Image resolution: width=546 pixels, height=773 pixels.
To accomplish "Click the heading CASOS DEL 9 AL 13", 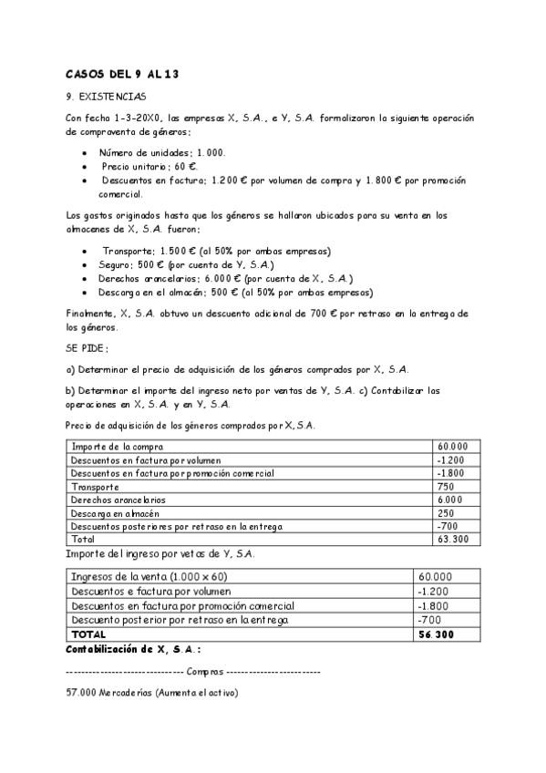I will (x=121, y=74).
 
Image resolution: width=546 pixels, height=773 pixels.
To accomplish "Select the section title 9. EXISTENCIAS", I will (x=106, y=96).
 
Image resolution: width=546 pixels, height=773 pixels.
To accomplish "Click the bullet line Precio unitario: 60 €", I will (x=149, y=167).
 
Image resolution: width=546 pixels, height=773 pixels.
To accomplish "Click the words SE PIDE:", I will (x=88, y=348).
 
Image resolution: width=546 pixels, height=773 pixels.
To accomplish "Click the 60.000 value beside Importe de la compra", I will (x=453, y=446).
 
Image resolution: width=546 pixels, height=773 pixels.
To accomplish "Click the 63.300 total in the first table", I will (x=453, y=540).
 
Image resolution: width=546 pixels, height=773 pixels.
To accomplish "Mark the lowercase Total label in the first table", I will (x=83, y=540).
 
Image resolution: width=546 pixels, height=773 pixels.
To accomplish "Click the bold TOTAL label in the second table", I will (x=88, y=634).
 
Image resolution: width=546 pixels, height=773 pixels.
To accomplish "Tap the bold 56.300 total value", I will (x=436, y=634).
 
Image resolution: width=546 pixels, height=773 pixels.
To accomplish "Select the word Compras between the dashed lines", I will (x=204, y=672).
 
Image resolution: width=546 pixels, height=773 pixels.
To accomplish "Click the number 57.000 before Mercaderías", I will (x=82, y=693).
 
